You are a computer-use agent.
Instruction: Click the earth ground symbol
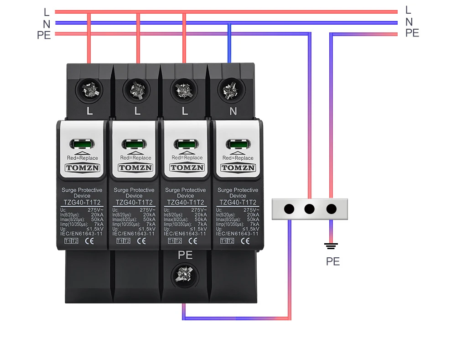pyautogui.click(x=331, y=246)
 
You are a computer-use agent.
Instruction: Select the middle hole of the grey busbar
pyautogui.click(x=310, y=209)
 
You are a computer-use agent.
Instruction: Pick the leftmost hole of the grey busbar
pyautogui.click(x=289, y=209)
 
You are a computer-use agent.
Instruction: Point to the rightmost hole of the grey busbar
pyautogui.click(x=331, y=209)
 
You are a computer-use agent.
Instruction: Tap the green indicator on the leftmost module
pyautogui.click(x=83, y=145)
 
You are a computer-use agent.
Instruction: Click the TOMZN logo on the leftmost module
pyautogui.click(x=83, y=168)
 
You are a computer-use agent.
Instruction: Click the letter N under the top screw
pyautogui.click(x=233, y=110)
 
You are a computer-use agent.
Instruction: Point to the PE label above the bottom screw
pyautogui.click(x=185, y=256)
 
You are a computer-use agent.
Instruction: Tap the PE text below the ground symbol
pyautogui.click(x=333, y=261)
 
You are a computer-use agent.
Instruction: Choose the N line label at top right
pyautogui.click(x=409, y=21)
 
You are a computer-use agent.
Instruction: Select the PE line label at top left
pyautogui.click(x=44, y=35)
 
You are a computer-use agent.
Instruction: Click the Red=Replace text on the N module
pyautogui.click(x=238, y=158)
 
